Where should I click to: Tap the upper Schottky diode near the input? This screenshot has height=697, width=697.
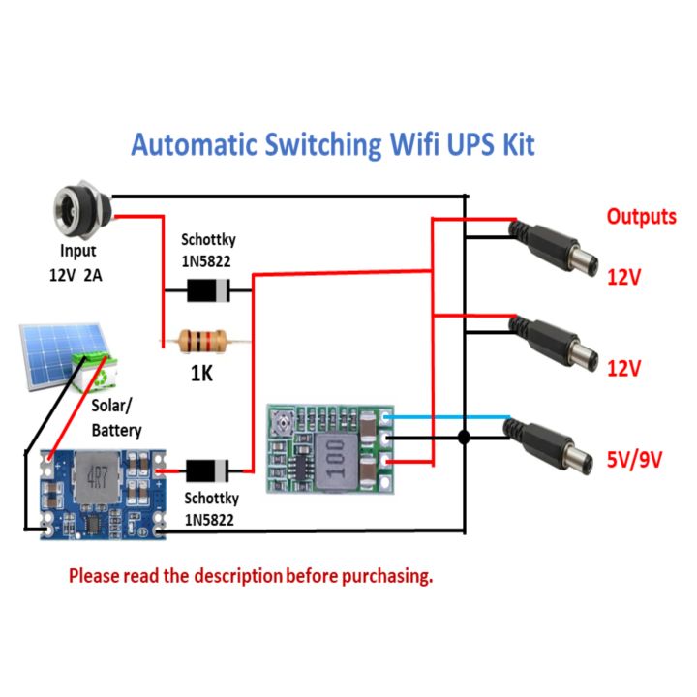coord(205,288)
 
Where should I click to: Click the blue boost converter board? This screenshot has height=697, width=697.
coord(103,494)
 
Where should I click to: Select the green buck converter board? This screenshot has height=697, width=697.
coord(331,446)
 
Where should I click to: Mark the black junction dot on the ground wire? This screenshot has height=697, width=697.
coord(465,438)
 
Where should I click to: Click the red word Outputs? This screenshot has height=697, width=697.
coord(641,216)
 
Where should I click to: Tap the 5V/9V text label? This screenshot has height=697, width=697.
coord(634,460)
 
